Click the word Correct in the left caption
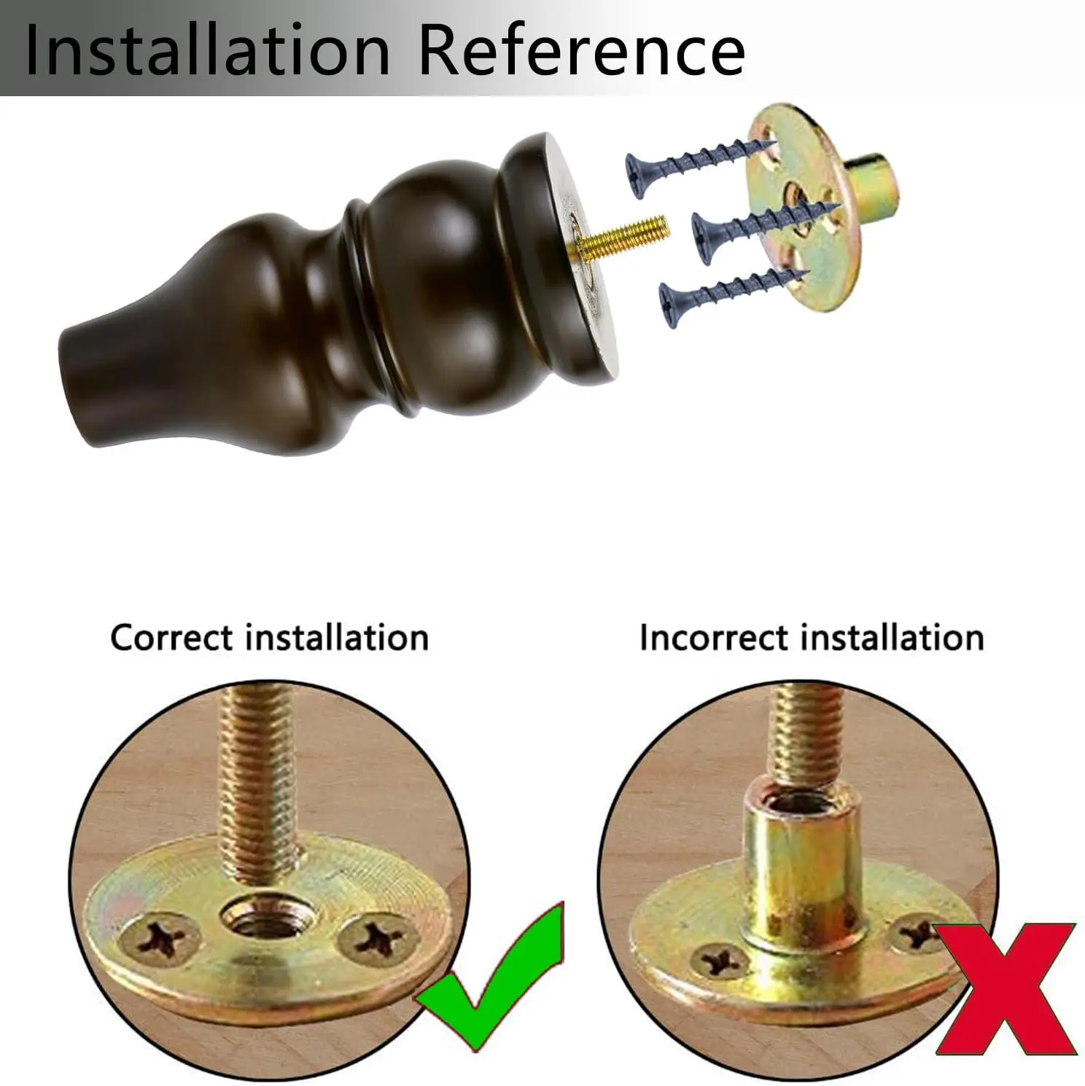tap(172, 638)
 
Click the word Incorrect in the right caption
tap(715, 638)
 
